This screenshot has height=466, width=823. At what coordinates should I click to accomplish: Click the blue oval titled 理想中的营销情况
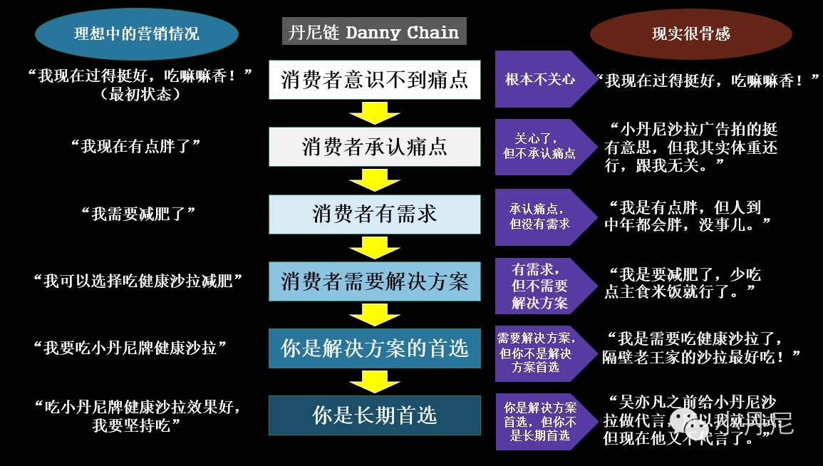coord(137,34)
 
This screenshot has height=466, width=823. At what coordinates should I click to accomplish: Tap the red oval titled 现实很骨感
coord(691,34)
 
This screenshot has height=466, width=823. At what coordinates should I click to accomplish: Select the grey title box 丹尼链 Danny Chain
coord(374,32)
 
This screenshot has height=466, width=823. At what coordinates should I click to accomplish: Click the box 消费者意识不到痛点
coord(375,80)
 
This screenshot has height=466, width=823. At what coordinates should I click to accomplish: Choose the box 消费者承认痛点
coord(375,147)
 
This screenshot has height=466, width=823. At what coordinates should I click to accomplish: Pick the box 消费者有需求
coord(375,214)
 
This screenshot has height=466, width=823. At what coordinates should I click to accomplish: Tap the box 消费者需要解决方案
coord(375,281)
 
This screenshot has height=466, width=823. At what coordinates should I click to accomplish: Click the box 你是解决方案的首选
coord(375,348)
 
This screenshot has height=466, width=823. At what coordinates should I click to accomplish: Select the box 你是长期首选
coord(375,415)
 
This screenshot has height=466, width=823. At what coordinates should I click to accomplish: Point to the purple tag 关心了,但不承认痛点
coord(540,146)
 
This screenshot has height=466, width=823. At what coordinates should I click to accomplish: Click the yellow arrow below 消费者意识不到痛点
coord(375,113)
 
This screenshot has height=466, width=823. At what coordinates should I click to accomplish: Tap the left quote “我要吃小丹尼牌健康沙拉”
coord(130,348)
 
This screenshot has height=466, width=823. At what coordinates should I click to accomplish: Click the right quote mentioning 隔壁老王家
coord(702,348)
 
